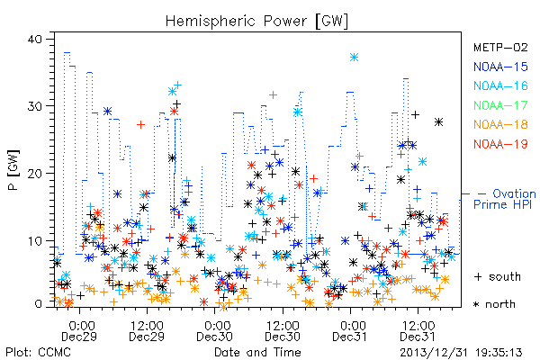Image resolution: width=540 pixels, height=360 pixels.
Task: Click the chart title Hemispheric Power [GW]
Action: [x=256, y=21]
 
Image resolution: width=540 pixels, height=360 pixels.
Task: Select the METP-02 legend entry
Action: [x=500, y=47]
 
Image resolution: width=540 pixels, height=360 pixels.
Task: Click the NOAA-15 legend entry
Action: [x=500, y=67]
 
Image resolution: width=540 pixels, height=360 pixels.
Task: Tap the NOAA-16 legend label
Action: [x=500, y=85]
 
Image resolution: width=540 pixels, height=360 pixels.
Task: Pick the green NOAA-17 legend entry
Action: [x=500, y=105]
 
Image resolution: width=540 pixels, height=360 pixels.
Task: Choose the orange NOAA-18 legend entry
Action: [x=500, y=124]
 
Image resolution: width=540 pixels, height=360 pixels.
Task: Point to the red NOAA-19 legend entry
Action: [x=500, y=144]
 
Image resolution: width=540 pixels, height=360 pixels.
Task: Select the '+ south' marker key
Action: [x=498, y=276]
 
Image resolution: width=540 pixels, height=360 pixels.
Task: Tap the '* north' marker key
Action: [x=494, y=304]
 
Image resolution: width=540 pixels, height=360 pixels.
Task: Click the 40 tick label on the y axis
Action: [x=34, y=39]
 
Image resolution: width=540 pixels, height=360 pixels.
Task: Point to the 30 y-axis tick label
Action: [x=34, y=106]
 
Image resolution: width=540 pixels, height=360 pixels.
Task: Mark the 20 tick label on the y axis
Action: [x=34, y=174]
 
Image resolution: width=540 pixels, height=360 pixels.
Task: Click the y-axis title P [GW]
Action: [x=13, y=169]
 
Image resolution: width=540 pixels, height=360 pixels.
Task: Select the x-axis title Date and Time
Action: [x=257, y=353]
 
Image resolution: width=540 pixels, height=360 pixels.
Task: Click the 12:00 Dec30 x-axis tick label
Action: [x=283, y=330]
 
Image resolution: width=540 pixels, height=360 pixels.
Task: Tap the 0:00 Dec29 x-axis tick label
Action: [x=79, y=330]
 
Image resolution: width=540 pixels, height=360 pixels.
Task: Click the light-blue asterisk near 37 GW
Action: [x=354, y=58]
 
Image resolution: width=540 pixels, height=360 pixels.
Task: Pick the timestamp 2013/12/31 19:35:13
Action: [x=461, y=353]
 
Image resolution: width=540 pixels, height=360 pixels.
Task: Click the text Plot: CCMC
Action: [x=38, y=353]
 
